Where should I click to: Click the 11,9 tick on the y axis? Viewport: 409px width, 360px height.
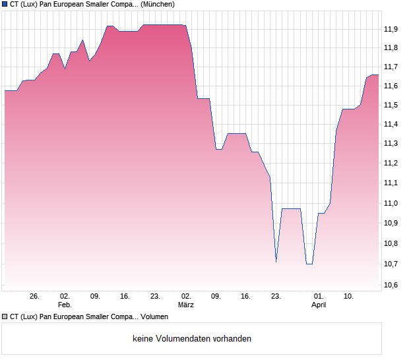tap(391, 29)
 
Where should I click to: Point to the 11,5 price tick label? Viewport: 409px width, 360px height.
tap(391, 105)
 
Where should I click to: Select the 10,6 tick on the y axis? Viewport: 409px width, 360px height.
tap(391, 285)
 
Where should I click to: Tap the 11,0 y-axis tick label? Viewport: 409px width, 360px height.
tap(391, 203)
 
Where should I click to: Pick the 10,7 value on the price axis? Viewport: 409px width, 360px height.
tap(391, 264)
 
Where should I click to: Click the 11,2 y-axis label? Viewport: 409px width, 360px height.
tap(391, 163)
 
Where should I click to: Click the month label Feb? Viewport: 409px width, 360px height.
tap(65, 305)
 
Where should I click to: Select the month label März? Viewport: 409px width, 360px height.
tap(186, 305)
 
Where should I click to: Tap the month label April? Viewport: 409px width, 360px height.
tap(319, 305)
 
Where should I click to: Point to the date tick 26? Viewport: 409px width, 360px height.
tap(35, 297)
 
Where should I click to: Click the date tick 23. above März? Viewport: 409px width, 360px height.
tap(155, 297)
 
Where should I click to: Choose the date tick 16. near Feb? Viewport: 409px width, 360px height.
tap(125, 297)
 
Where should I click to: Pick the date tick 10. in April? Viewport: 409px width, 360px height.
tap(348, 297)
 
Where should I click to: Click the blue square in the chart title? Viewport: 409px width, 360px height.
tap(5, 4)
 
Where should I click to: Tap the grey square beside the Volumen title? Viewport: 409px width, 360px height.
tap(5, 317)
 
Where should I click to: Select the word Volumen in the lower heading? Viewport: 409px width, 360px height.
tap(155, 317)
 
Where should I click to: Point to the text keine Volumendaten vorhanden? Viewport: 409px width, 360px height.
tap(192, 339)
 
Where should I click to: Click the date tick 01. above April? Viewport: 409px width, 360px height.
tap(319, 297)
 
